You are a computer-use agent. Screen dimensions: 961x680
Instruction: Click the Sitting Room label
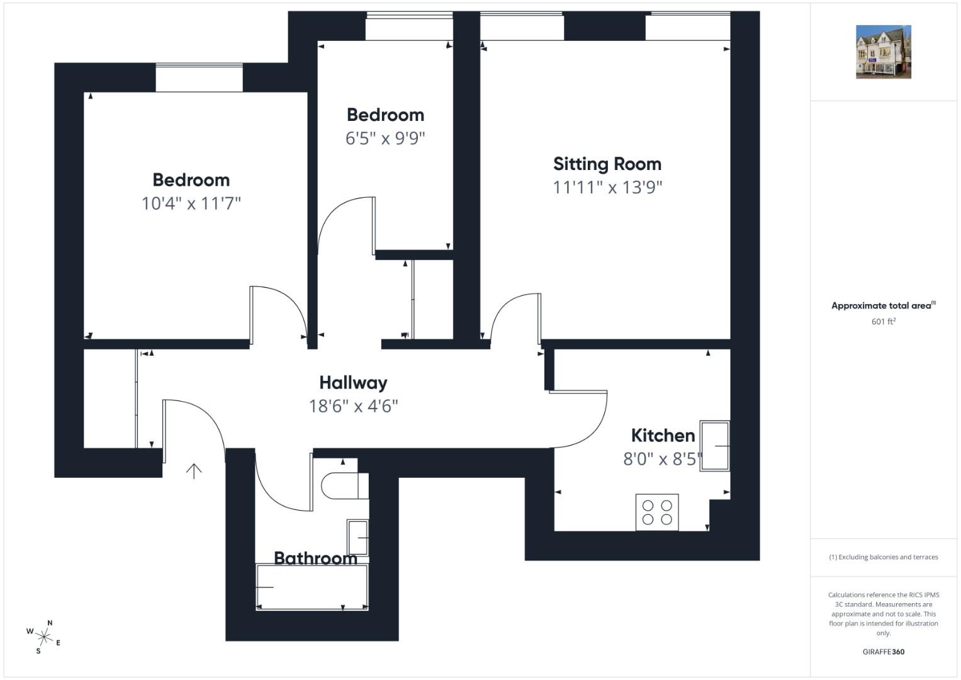click(607, 164)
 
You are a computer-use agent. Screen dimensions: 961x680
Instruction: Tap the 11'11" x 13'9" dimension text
click(607, 188)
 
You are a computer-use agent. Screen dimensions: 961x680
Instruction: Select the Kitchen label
click(663, 436)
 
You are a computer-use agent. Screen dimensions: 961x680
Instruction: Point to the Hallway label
click(353, 383)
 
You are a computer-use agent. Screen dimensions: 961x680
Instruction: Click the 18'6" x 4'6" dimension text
click(353, 406)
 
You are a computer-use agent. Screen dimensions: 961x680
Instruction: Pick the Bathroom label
click(315, 558)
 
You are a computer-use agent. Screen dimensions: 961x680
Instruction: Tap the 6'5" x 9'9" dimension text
click(385, 139)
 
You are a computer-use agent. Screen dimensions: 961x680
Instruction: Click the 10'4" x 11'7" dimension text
click(191, 203)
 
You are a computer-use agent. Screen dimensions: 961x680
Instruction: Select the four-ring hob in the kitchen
click(657, 513)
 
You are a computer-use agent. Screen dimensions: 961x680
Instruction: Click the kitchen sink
click(714, 446)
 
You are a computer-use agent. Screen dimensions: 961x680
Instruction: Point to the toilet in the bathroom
click(344, 486)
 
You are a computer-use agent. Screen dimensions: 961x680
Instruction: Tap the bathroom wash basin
click(358, 538)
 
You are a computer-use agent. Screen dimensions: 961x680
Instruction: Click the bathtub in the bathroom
click(312, 587)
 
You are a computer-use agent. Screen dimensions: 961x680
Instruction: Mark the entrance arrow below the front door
click(194, 471)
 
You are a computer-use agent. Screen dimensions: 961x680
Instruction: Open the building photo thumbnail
click(884, 52)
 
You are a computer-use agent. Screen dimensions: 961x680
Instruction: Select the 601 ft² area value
click(884, 321)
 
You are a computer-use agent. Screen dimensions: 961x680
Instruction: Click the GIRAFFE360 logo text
click(884, 652)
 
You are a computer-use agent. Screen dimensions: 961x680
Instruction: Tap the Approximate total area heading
click(884, 305)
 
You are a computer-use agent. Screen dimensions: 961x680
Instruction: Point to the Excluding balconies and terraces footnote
click(884, 557)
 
